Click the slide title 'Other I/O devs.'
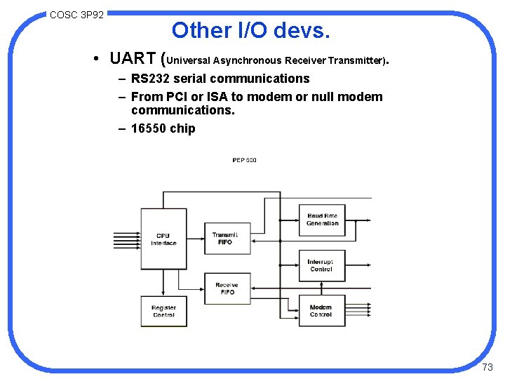click(x=250, y=30)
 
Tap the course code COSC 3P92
click(x=76, y=14)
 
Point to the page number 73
click(x=488, y=367)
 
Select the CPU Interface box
click(x=163, y=239)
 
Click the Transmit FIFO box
click(x=225, y=238)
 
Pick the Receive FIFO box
click(x=227, y=288)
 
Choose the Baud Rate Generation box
click(x=322, y=220)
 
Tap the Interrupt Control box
click(x=321, y=265)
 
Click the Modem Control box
click(x=321, y=311)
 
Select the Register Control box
click(x=163, y=311)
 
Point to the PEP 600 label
click(x=244, y=160)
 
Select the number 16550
click(x=149, y=128)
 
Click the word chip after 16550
click(x=183, y=128)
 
